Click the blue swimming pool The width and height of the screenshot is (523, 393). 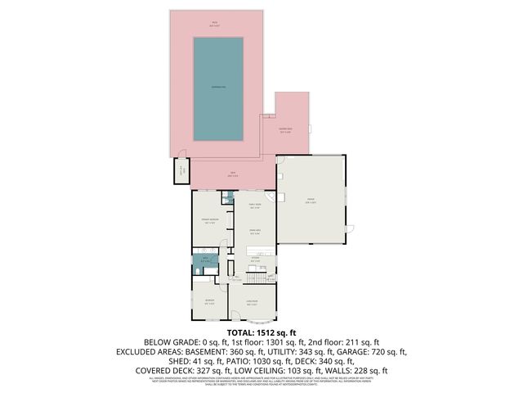tap(217, 88)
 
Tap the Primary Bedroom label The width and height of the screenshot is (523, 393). tap(210, 221)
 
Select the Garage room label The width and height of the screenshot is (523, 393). tap(311, 200)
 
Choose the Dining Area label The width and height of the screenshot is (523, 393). tap(255, 233)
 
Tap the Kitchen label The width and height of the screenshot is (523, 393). tap(255, 261)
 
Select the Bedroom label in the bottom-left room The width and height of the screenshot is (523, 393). tap(210, 301)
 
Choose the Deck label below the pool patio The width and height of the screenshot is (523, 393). tap(233, 174)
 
